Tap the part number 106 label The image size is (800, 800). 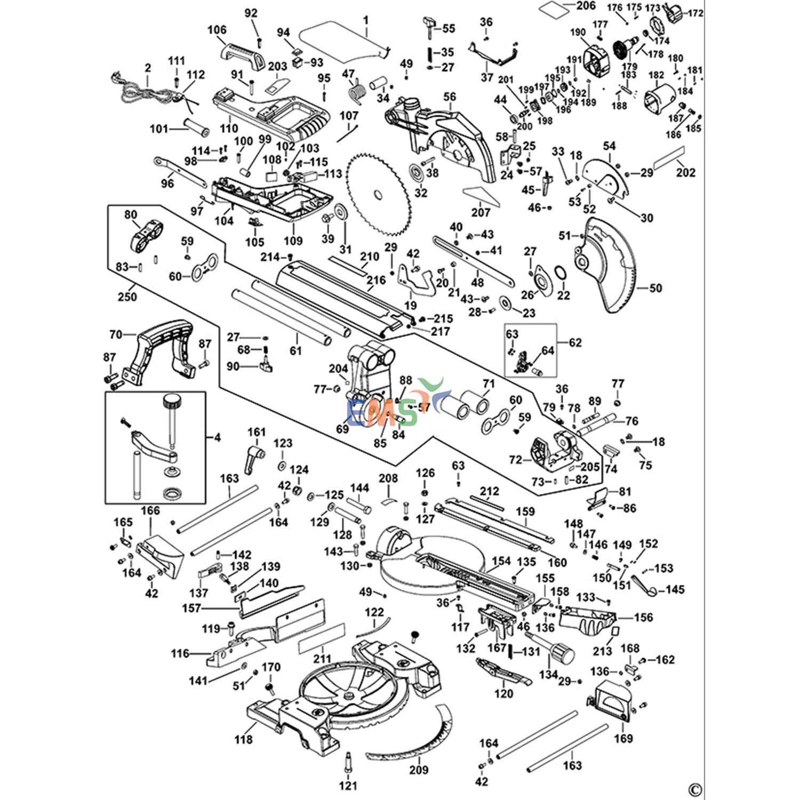tap(217, 30)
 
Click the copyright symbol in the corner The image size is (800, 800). tap(695, 789)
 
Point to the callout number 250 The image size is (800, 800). tap(127, 296)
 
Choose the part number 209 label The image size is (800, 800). tap(419, 770)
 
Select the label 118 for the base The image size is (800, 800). tap(243, 739)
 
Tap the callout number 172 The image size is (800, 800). tap(695, 13)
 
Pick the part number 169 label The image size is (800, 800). tap(623, 738)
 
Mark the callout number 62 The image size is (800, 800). tap(575, 342)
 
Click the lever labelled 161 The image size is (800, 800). tap(254, 458)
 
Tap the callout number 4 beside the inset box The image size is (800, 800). tap(217, 437)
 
